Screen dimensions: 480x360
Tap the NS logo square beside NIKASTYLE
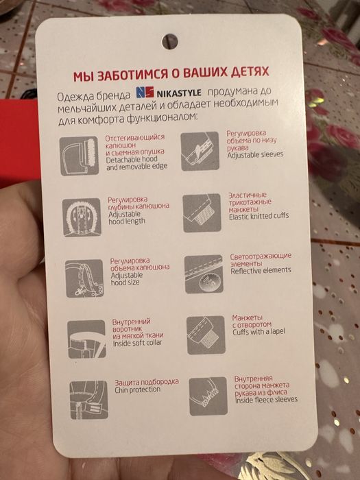pyautogui.click(x=144, y=92)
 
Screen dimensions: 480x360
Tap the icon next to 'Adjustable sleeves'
pyautogui.click(x=200, y=147)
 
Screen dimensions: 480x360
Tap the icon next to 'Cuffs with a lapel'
pyautogui.click(x=206, y=334)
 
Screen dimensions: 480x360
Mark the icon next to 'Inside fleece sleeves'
pyautogui.click(x=208, y=394)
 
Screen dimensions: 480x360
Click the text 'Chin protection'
pyautogui.click(x=136, y=390)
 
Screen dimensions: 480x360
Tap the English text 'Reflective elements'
pyautogui.click(x=261, y=271)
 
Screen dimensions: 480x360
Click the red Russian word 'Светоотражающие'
pyautogui.click(x=261, y=256)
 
